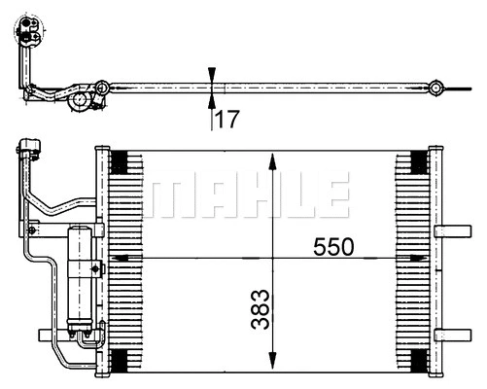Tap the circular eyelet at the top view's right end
pyautogui.click(x=439, y=88)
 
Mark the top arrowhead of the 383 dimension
pyautogui.click(x=274, y=159)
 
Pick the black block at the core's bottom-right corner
pyautogui.click(x=417, y=361)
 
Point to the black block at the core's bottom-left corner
pyautogui.click(x=122, y=361)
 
